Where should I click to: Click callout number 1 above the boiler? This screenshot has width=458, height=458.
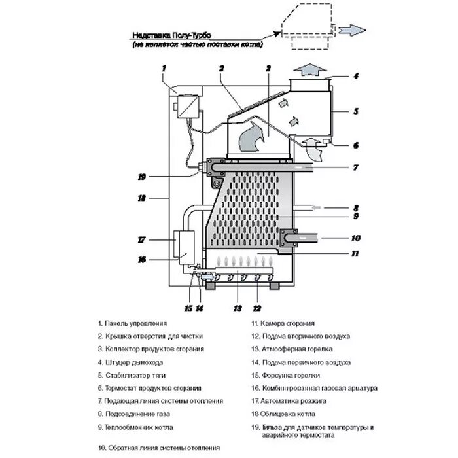click(165, 67)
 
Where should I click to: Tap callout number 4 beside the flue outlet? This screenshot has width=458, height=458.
click(356, 77)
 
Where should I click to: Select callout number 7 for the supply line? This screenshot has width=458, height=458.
click(355, 168)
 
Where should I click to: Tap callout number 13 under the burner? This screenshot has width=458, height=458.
click(237, 308)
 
